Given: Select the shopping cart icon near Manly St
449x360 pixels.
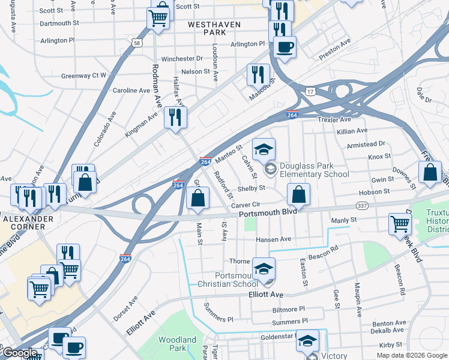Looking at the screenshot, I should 400,224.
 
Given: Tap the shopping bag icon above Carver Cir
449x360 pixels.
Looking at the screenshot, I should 197,197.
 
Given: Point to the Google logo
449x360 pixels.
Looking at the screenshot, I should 20,353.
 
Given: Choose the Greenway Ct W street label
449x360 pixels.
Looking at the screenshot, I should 83,76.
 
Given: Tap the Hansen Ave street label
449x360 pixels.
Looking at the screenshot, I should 273,239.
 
